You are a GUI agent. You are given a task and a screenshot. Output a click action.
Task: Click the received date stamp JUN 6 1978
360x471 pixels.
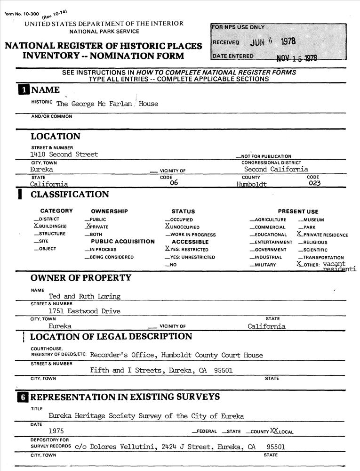pyautogui.click(x=273, y=41)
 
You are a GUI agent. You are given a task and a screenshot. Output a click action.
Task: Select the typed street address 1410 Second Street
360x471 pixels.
pyautogui.click(x=64, y=154)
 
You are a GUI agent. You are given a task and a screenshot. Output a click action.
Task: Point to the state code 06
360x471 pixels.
pyautogui.click(x=174, y=184)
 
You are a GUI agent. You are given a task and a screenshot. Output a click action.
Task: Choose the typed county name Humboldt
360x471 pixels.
pyautogui.click(x=251, y=184)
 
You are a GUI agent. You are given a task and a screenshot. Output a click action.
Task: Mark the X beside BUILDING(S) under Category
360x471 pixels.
pyautogui.click(x=36, y=227)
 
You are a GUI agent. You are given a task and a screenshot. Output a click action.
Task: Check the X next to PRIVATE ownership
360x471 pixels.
pyautogui.click(x=87, y=227)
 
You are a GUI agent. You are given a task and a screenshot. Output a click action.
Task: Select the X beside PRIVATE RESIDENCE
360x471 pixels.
pyautogui.click(x=300, y=234)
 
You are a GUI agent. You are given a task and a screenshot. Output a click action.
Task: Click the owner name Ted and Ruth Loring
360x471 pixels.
pyautogui.click(x=85, y=297)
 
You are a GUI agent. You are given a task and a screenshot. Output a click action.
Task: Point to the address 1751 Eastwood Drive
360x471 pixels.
pyautogui.click(x=85, y=311)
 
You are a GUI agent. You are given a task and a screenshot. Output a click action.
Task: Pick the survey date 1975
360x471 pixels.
pyautogui.click(x=56, y=431)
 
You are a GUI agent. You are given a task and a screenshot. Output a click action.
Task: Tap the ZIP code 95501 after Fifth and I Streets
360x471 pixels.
pyautogui.click(x=223, y=371)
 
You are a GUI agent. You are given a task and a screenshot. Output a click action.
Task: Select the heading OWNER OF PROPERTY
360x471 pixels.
pyautogui.click(x=81, y=278)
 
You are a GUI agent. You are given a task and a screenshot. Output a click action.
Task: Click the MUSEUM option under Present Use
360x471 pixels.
pyautogui.click(x=313, y=220)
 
